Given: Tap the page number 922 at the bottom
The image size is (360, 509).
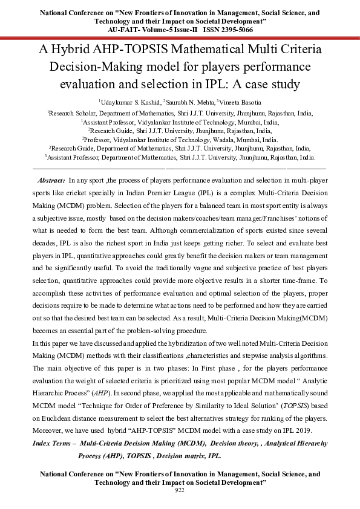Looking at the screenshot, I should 179,490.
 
